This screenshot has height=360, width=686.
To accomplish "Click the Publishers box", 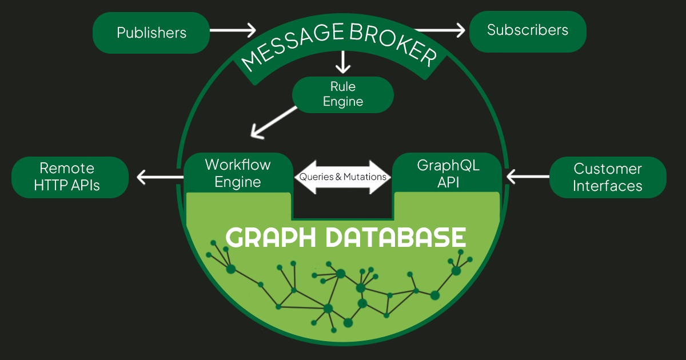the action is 151,33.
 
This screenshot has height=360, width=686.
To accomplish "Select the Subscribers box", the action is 528,31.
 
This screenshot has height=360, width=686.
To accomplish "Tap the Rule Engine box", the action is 342,95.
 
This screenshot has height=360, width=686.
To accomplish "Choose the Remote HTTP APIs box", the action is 70,177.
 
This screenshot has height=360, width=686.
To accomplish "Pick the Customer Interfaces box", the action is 608,177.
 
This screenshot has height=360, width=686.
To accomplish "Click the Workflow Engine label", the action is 238,173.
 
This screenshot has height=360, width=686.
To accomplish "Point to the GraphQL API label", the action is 448,174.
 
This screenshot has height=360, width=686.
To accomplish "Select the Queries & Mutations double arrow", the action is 342,177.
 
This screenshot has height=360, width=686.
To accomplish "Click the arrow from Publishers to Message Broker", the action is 233,30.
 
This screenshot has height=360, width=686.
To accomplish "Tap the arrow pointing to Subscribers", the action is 440,30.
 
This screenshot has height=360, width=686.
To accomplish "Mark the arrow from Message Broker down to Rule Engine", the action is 342,62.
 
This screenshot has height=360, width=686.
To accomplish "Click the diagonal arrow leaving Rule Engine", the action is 274,122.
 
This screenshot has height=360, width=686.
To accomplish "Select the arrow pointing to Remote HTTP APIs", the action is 160,177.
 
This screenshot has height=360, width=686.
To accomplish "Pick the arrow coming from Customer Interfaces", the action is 528,177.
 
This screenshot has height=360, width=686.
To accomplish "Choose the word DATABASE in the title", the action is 396,237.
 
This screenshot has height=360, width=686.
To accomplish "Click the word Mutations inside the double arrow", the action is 365,177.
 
